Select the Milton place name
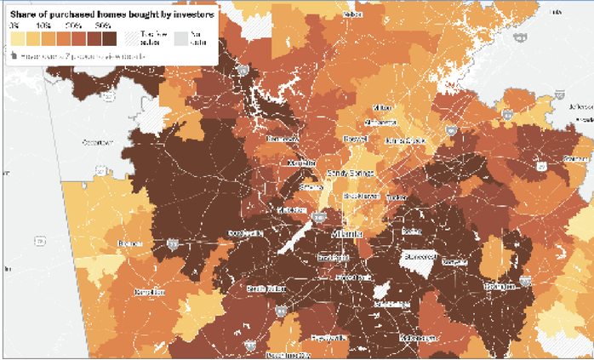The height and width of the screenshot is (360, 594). pyautogui.click(x=383, y=108)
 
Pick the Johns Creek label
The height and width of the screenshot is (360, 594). pyautogui.click(x=405, y=139)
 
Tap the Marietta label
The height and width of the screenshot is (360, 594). pyautogui.click(x=301, y=162)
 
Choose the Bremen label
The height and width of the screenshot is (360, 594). pyautogui.click(x=129, y=243)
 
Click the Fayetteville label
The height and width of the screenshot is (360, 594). pyautogui.click(x=328, y=338)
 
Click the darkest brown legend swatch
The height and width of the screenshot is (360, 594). pyautogui.click(x=109, y=38)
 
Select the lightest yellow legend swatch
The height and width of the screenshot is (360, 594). pyautogui.click(x=16, y=38)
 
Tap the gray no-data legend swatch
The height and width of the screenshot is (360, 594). pyautogui.click(x=181, y=38)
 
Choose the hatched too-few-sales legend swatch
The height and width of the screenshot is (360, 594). pyautogui.click(x=134, y=38)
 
